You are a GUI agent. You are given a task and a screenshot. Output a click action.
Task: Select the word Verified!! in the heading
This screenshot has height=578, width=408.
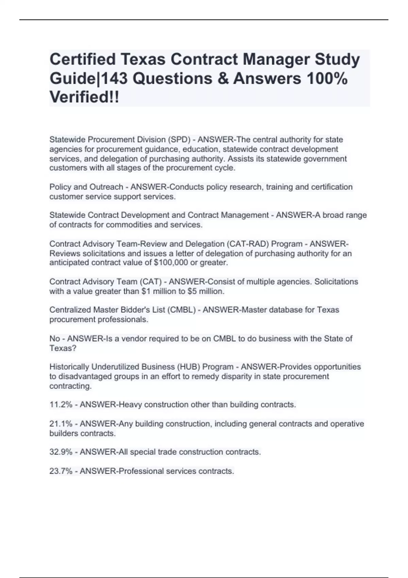click(x=84, y=97)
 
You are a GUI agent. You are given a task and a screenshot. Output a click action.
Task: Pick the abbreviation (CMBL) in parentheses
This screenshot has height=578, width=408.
click(x=181, y=310)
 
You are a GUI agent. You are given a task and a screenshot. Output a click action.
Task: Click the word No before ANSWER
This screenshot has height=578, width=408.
click(x=55, y=339)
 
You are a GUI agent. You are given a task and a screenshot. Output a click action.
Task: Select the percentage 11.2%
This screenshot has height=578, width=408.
click(x=61, y=405)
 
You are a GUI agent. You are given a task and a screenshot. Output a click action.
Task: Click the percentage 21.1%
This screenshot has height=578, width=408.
click(x=61, y=424)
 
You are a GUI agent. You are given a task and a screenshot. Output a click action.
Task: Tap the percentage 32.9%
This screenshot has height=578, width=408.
click(x=61, y=452)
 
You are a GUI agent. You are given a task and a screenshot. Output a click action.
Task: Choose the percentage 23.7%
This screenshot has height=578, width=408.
click(x=61, y=471)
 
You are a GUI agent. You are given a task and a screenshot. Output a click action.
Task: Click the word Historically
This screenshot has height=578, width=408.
click(x=69, y=367)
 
